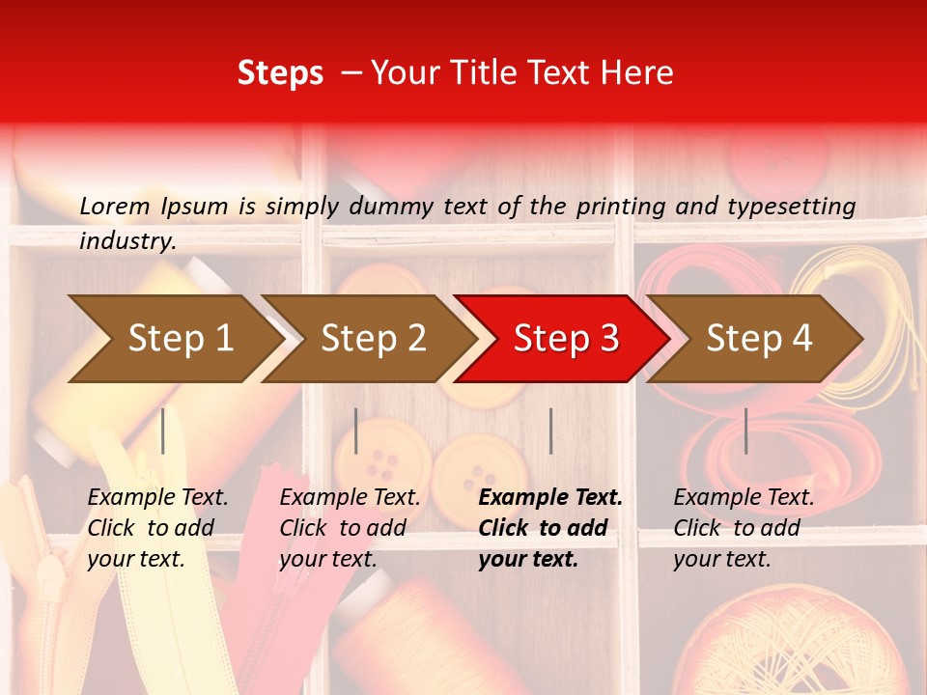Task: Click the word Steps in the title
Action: click(x=280, y=73)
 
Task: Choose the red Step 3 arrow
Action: click(x=566, y=339)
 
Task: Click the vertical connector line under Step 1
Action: click(x=163, y=431)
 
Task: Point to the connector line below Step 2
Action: click(x=356, y=431)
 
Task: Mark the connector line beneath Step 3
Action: click(x=550, y=431)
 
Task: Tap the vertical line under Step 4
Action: click(x=745, y=431)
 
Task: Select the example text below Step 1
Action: click(x=157, y=528)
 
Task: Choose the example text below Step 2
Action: click(x=350, y=528)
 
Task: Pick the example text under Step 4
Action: click(x=744, y=528)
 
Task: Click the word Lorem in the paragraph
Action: click(x=114, y=206)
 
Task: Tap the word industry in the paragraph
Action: click(x=126, y=241)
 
